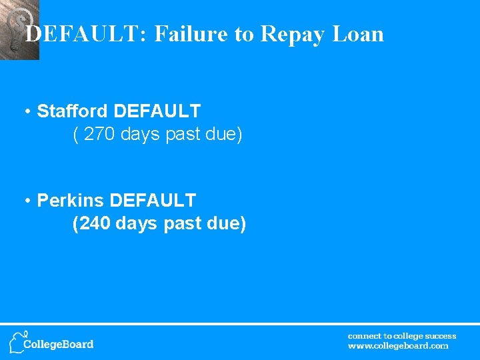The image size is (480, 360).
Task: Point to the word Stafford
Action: (71, 111)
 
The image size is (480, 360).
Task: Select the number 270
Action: (101, 135)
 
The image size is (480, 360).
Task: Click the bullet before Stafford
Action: (28, 111)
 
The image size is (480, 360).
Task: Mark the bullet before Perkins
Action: (28, 201)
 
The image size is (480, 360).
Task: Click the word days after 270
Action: (141, 135)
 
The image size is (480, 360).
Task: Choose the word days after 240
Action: (137, 224)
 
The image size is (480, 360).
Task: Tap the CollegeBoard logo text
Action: (59, 345)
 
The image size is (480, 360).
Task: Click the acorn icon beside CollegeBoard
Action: (17, 341)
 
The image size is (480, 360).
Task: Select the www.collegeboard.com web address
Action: (398, 346)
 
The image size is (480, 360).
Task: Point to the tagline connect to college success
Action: (402, 336)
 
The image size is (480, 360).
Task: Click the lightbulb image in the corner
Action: (18, 29)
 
